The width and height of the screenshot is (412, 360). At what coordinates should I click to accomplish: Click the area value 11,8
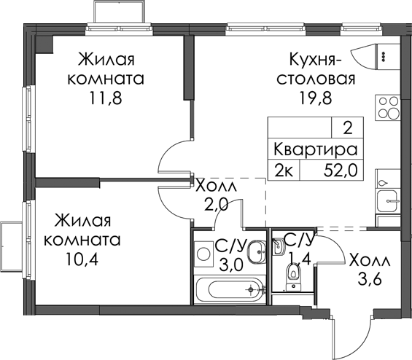pyautogui.click(x=106, y=98)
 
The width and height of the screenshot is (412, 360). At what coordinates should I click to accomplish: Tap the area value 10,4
pyautogui.click(x=82, y=259)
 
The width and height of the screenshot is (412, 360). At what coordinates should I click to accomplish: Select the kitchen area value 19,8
pyautogui.click(x=316, y=98)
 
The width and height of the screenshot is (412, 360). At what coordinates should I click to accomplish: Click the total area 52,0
pyautogui.click(x=341, y=170)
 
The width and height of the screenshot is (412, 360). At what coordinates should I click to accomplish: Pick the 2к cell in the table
pyautogui.click(x=284, y=170)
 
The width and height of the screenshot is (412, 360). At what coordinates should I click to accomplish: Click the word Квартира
pyautogui.click(x=316, y=149)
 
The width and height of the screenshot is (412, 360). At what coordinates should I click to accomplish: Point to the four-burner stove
pyautogui.click(x=388, y=107)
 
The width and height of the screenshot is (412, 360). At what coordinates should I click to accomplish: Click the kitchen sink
pyautogui.click(x=387, y=201)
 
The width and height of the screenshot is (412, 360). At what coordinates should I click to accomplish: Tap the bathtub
pyautogui.click(x=230, y=289)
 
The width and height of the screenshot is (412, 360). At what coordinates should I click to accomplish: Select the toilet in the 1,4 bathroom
pyautogui.click(x=293, y=276)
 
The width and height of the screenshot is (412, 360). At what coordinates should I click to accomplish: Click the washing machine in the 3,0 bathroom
pyautogui.click(x=203, y=254)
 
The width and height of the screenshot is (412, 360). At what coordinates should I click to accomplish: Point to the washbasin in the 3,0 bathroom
pyautogui.click(x=257, y=252)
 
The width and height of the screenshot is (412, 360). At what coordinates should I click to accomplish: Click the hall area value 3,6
pyautogui.click(x=370, y=270)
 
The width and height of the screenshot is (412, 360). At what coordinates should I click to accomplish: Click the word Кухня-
pyautogui.click(x=316, y=60)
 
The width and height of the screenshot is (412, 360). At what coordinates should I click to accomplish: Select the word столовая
pyautogui.click(x=316, y=79)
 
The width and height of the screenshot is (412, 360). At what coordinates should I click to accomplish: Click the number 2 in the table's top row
pyautogui.click(x=348, y=129)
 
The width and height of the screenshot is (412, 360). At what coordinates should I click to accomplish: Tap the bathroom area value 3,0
pyautogui.click(x=230, y=266)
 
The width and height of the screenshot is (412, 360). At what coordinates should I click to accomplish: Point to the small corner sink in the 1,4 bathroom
pyautogui.click(x=278, y=246)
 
